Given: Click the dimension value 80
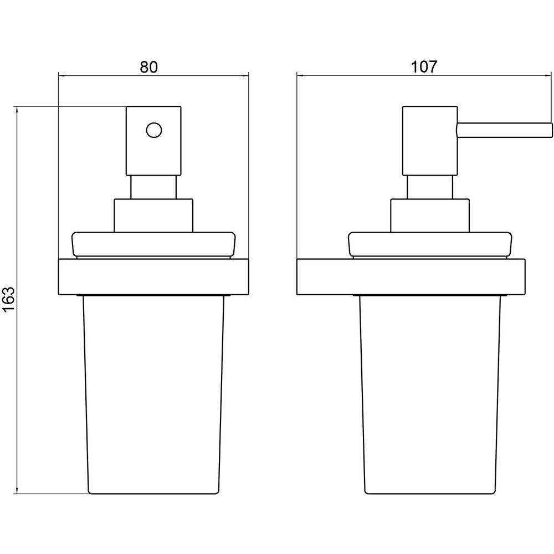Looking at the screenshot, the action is pyautogui.click(x=148, y=67).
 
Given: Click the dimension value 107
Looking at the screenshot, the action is pyautogui.click(x=424, y=66).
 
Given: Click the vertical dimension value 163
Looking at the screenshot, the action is pyautogui.click(x=8, y=299).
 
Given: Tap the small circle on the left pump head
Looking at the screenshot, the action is pyautogui.click(x=153, y=130).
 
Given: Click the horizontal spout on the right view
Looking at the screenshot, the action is pyautogui.click(x=504, y=130).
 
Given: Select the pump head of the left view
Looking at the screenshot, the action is pyautogui.click(x=153, y=141).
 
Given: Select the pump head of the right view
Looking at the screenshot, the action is pyautogui.click(x=430, y=141).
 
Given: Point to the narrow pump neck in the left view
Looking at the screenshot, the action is pyautogui.click(x=153, y=187).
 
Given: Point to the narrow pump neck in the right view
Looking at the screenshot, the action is pyautogui.click(x=430, y=187).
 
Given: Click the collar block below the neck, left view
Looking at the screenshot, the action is pyautogui.click(x=153, y=216).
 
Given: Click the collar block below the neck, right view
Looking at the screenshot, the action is pyautogui.click(x=430, y=216).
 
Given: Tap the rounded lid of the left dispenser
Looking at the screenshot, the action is pyautogui.click(x=153, y=244).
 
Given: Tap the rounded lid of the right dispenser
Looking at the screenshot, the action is pyautogui.click(x=430, y=244).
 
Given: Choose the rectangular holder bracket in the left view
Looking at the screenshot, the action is pyautogui.click(x=153, y=277).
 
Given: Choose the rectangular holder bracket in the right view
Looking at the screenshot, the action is pyautogui.click(x=411, y=277).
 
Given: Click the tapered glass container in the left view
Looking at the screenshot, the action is pyautogui.click(x=153, y=394).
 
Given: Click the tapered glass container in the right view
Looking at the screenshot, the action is pyautogui.click(x=430, y=394).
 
